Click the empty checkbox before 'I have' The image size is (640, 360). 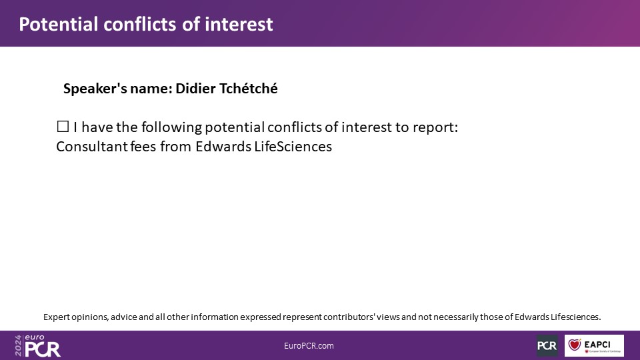(63, 127)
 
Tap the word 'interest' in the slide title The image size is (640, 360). (239, 24)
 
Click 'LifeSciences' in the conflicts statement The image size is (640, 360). (293, 146)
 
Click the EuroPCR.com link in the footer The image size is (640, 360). (309, 346)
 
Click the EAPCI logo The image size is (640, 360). (594, 345)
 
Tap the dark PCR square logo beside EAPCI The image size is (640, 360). (547, 345)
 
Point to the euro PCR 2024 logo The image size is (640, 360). (37, 346)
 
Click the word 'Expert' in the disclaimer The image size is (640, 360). (56, 317)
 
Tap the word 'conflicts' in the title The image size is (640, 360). (140, 24)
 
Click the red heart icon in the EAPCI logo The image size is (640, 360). (574, 345)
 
